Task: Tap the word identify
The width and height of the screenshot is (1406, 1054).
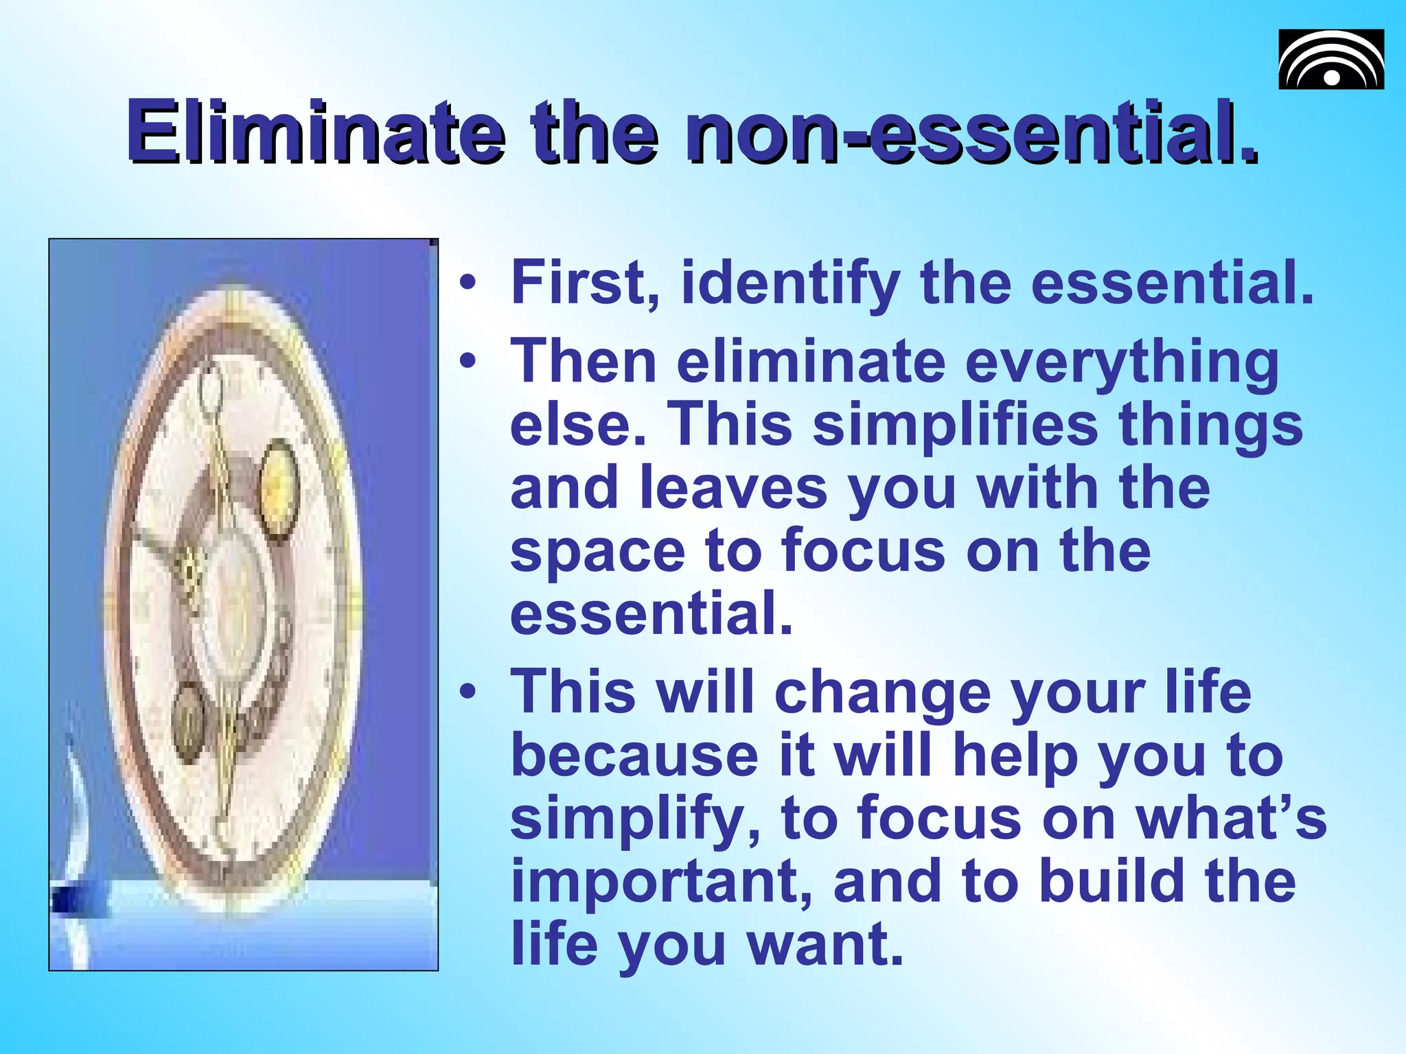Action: tap(790, 285)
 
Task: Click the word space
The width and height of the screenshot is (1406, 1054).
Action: tap(597, 553)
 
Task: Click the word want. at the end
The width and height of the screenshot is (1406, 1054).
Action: tap(825, 945)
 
